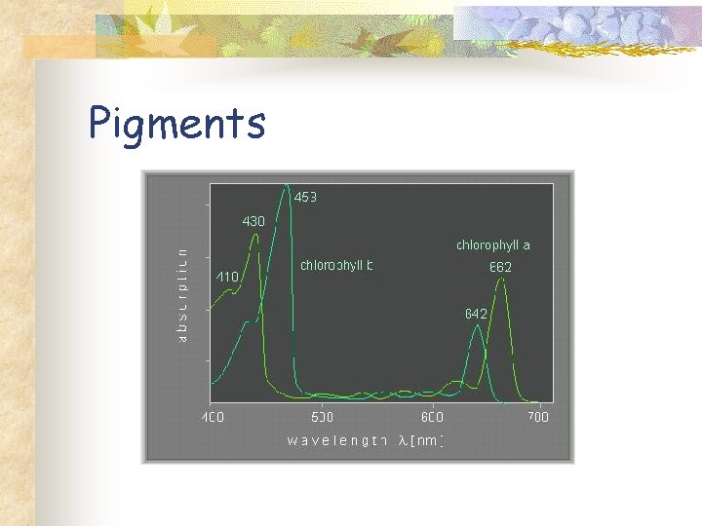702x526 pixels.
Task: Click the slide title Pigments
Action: click(x=176, y=124)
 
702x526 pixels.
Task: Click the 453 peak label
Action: click(x=305, y=197)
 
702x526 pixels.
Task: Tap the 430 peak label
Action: click(x=253, y=222)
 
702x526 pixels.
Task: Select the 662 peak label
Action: click(x=500, y=267)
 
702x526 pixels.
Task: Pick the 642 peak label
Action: click(x=476, y=314)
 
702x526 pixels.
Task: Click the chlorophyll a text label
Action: click(x=493, y=245)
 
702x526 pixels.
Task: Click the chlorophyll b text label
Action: click(x=336, y=265)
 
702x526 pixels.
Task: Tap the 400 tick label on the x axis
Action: click(x=213, y=417)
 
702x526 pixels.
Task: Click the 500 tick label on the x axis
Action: click(x=322, y=417)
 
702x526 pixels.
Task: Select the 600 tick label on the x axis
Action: click(x=432, y=417)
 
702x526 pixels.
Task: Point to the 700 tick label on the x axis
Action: click(x=537, y=417)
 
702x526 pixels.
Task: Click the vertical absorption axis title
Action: click(x=182, y=292)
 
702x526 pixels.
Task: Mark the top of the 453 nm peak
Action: click(x=287, y=185)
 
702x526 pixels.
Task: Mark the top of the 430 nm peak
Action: click(x=256, y=235)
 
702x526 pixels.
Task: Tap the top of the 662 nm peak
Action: click(x=501, y=281)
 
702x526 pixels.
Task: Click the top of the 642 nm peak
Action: click(x=478, y=326)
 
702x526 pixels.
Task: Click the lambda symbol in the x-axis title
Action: click(x=403, y=441)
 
